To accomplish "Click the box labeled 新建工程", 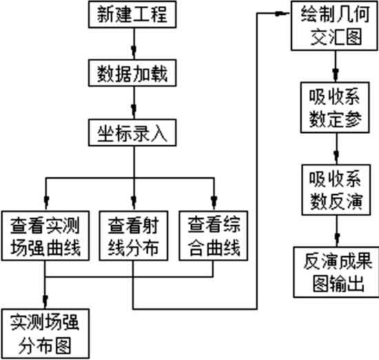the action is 132,14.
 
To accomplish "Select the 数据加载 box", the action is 132,73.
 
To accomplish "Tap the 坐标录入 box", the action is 132,132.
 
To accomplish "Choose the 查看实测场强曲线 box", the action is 45,236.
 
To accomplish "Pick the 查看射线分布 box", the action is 134,236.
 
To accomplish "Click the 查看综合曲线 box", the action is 214,236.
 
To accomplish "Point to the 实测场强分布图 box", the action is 45,334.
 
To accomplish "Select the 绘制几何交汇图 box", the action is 334,26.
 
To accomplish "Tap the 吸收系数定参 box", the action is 335,108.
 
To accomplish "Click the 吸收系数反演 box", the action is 336,190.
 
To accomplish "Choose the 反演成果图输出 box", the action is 336,272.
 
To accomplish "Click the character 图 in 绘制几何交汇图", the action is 354,37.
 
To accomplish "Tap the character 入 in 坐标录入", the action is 159,133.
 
